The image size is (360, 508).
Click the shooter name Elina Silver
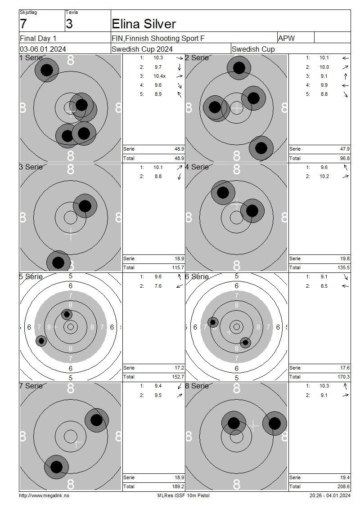[144, 24]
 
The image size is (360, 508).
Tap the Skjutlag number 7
[23, 24]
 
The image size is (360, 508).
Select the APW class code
[286, 38]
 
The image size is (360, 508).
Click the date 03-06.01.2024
[43, 49]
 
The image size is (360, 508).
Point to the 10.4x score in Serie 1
[160, 76]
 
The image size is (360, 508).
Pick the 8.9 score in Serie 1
[158, 94]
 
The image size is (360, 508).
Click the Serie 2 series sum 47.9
[345, 149]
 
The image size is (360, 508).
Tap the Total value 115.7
[178, 267]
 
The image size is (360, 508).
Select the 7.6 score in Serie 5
[158, 286]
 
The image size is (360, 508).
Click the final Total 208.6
[343, 486]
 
